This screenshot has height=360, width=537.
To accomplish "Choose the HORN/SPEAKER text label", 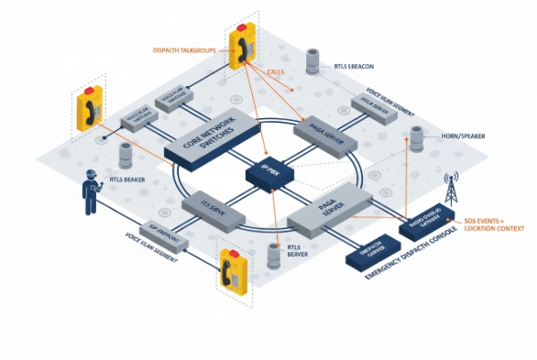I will coord(460,136).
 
